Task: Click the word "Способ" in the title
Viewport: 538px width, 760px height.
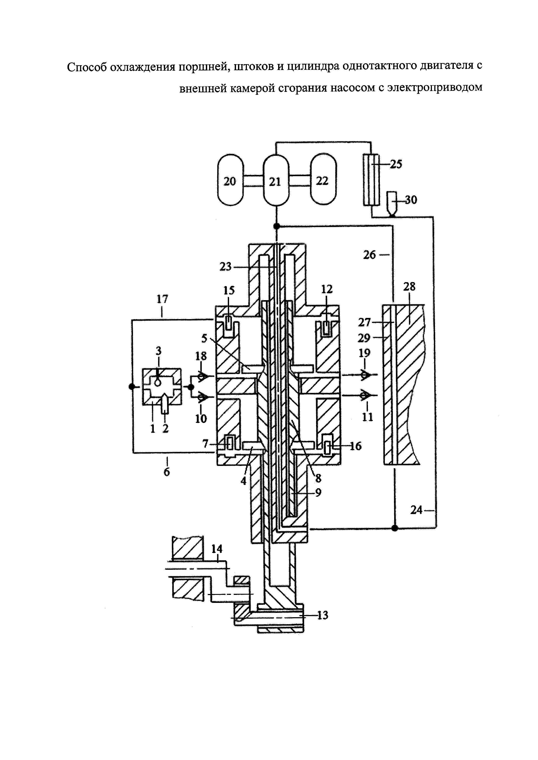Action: tap(87, 67)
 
